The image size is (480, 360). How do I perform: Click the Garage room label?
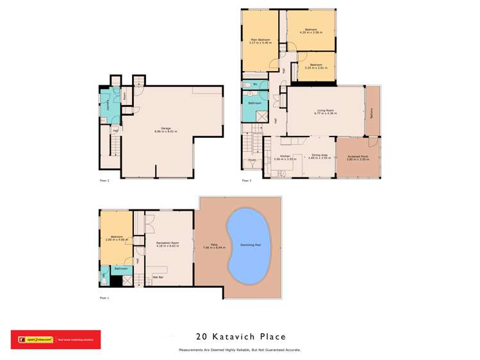[165, 129]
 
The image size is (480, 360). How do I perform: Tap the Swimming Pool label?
[249, 245]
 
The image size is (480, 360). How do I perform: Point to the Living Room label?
[325, 112]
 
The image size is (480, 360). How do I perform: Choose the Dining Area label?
[320, 156]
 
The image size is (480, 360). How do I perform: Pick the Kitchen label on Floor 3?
[283, 156]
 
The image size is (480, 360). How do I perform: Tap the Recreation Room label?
[167, 245]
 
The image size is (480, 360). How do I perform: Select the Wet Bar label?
[157, 277]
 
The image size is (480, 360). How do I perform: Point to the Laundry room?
[106, 106]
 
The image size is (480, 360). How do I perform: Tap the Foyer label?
[252, 159]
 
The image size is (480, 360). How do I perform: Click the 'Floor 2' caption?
[104, 181]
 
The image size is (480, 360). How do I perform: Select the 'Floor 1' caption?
[104, 298]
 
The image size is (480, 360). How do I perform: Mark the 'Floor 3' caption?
[247, 181]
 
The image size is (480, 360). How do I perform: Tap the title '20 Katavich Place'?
[240, 336]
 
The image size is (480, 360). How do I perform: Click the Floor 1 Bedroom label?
[116, 239]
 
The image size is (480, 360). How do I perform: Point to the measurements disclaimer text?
[240, 350]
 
